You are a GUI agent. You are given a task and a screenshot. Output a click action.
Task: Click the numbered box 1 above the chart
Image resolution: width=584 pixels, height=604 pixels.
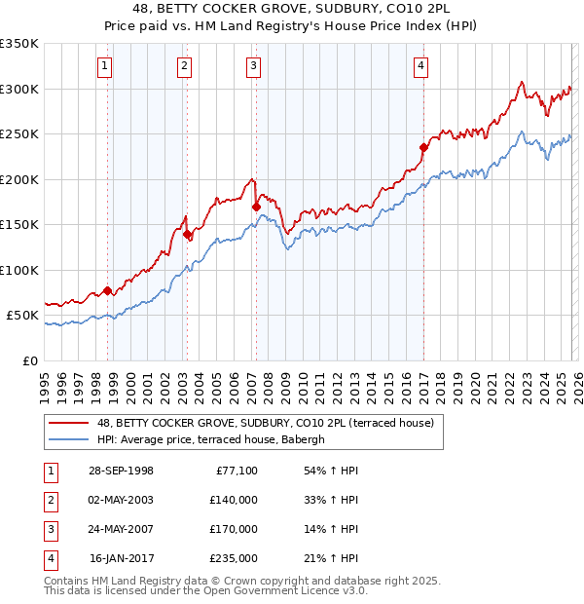point(104,66)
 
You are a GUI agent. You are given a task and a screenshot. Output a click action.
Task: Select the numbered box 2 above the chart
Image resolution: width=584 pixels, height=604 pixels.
point(183,66)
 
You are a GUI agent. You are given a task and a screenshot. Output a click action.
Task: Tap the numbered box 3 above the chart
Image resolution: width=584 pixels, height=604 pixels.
point(253,66)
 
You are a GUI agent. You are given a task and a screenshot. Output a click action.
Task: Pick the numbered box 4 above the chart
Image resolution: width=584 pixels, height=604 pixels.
point(420,66)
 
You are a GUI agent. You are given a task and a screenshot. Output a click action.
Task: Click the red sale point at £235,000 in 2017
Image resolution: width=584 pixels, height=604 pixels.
point(423,148)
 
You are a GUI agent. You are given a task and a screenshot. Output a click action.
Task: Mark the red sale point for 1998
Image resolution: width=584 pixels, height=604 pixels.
point(108,290)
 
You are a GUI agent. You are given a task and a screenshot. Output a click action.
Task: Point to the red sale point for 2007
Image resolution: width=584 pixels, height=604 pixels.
point(256,207)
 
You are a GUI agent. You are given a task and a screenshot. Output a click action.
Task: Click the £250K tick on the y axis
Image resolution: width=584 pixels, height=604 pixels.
point(19,134)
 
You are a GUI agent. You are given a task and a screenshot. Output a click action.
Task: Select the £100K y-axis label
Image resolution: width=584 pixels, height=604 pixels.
point(19,270)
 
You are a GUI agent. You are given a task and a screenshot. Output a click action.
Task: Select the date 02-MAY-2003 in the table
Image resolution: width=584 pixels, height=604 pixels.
point(120,499)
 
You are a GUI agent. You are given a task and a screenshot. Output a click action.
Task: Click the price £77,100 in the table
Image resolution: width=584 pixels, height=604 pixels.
point(234,471)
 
